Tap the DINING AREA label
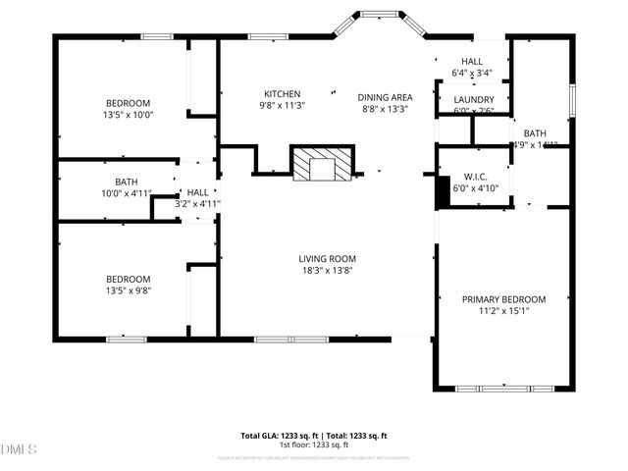tap(385, 97)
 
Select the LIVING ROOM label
tap(327, 259)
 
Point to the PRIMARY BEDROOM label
tap(503, 299)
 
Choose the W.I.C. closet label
tap(475, 178)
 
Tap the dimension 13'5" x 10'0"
tap(129, 115)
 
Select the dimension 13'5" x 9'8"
tap(128, 289)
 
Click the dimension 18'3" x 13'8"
tap(327, 271)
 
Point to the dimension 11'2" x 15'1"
tap(503, 311)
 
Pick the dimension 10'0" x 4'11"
tap(127, 193)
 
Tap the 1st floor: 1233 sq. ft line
tap(314, 445)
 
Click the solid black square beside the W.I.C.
tap(443, 192)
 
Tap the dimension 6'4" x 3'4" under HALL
tap(471, 73)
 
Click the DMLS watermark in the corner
tap(19, 449)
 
